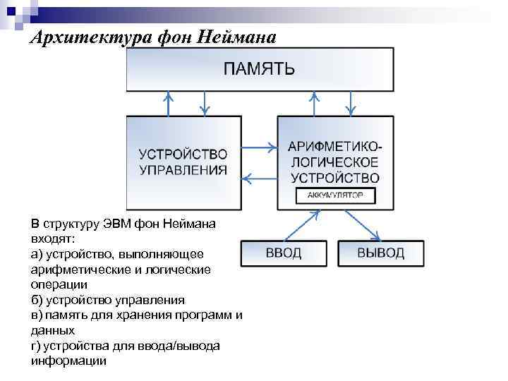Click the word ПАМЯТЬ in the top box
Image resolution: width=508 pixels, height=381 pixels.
[x=260, y=69]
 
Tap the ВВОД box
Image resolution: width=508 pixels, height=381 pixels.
[x=283, y=253]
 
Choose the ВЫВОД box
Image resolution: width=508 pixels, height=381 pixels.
[x=380, y=253]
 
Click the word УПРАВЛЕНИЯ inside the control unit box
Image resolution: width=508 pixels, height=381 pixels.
[x=183, y=169]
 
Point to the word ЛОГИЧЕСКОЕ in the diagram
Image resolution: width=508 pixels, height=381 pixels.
[x=334, y=162]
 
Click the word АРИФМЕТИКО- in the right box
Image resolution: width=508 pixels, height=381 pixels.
[x=334, y=147]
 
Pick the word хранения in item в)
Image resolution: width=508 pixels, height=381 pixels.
[x=163, y=315]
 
